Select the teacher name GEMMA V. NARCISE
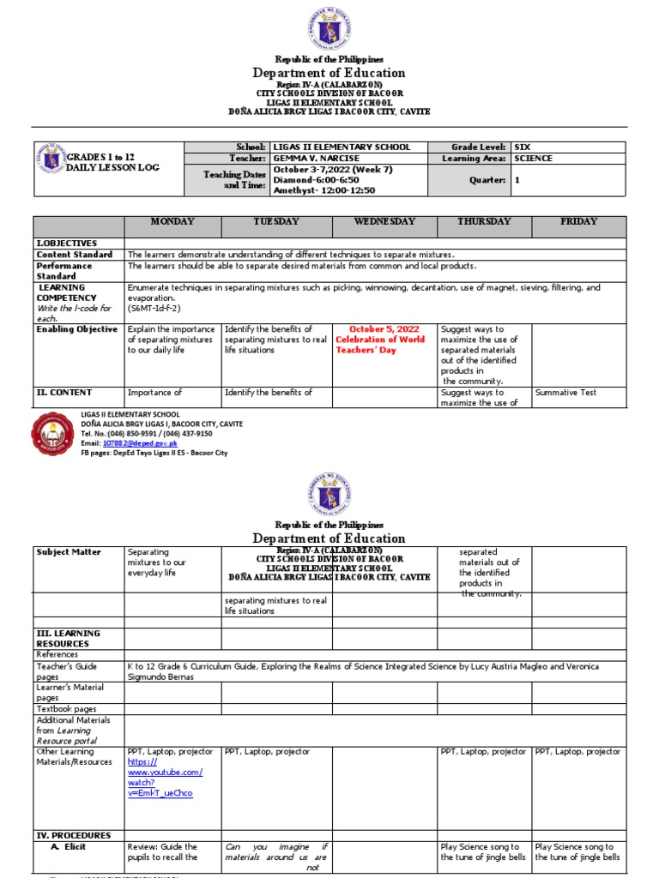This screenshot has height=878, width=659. coord(314,159)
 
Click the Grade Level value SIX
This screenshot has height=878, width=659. coord(523,147)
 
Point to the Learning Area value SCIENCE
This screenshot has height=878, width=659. coord(533,159)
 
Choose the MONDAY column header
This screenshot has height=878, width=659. coord(172,221)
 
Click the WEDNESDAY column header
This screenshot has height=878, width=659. coord(384,221)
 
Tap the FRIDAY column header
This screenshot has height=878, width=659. coord(578,221)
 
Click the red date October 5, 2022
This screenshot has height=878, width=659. coord(384,329)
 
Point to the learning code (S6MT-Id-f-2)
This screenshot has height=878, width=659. coord(154,308)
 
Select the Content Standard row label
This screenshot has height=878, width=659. coord(74,255)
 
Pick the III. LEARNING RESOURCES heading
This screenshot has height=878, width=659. coord(68,638)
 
